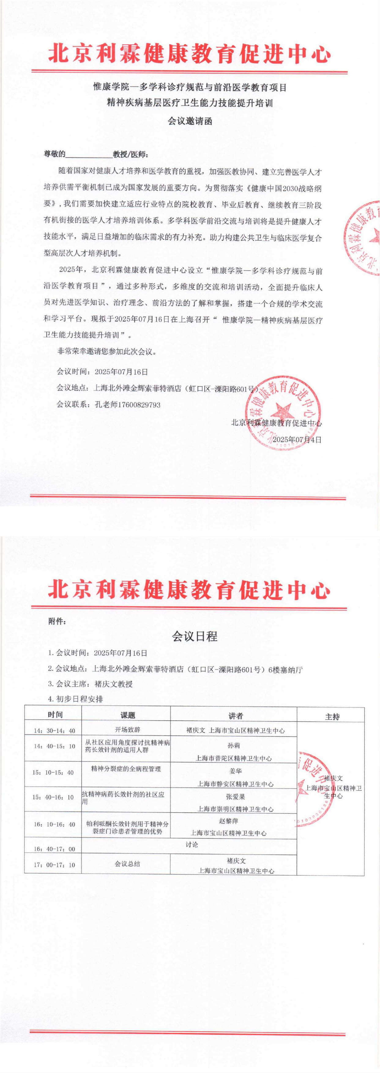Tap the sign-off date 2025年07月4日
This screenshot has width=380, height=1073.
[297, 440]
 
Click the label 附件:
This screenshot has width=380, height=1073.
[57, 622]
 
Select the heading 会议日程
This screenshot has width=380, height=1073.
[195, 637]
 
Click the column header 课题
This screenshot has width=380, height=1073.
[128, 715]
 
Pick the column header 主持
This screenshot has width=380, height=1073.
[332, 716]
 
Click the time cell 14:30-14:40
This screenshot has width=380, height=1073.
[54, 731]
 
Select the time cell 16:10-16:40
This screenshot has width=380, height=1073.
[54, 824]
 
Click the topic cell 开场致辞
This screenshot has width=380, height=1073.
[128, 730]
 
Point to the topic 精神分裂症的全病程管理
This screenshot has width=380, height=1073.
[126, 769]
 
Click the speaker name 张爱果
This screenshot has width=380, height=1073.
[235, 797]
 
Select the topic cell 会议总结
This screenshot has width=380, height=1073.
[127, 864]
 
